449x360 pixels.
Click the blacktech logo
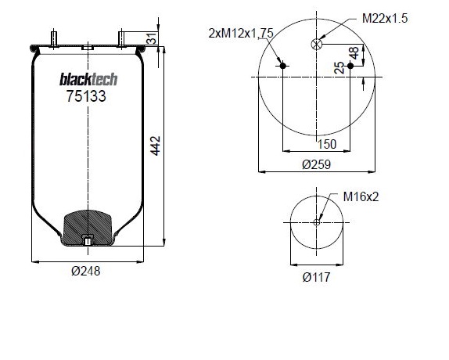(x=88, y=79)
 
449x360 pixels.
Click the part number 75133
(x=86, y=96)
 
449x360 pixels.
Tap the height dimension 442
(x=156, y=146)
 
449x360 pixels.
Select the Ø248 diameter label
(x=86, y=271)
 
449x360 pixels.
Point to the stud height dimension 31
(x=152, y=38)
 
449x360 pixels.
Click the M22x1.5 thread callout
(x=385, y=18)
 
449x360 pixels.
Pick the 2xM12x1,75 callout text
(x=241, y=34)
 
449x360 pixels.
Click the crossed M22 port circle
(x=317, y=44)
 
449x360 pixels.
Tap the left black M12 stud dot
(x=283, y=66)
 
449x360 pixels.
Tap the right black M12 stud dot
(x=350, y=66)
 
